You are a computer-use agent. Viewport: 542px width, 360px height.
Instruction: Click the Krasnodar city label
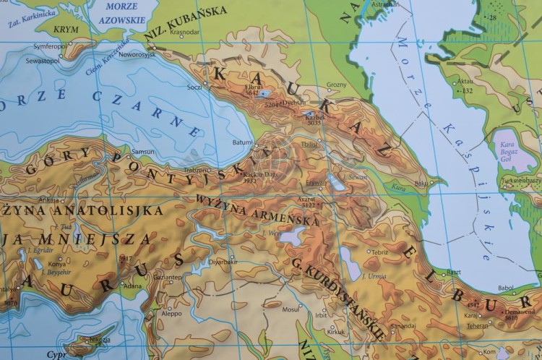click(x=186, y=33)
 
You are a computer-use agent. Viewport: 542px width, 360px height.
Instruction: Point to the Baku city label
click(x=421, y=184)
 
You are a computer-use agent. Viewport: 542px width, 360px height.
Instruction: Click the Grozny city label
click(x=337, y=85)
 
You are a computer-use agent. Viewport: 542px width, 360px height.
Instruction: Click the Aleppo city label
click(x=172, y=314)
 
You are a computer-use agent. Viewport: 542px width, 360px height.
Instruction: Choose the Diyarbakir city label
click(x=223, y=262)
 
